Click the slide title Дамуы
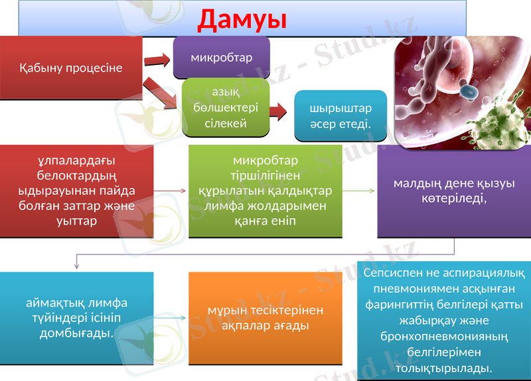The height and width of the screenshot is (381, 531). tap(242, 19)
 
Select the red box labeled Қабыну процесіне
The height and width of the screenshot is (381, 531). tap(71, 68)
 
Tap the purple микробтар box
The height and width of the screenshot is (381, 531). tap(221, 58)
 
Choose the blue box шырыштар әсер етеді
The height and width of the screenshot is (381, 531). tap(340, 115)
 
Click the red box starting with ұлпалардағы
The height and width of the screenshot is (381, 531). tap(76, 191)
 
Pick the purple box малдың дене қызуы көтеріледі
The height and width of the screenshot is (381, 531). tap(454, 191)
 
